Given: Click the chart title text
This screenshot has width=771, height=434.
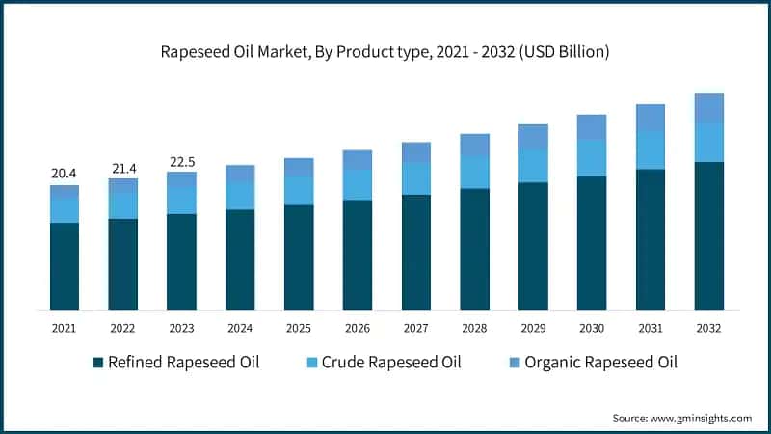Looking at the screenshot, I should tap(385, 52).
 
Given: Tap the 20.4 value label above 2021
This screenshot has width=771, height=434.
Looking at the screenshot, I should tap(64, 174).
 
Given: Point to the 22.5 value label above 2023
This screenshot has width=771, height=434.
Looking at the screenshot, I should tap(181, 161).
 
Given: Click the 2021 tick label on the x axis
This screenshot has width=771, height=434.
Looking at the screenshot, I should tap(64, 328).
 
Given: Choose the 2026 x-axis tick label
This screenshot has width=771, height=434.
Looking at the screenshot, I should tap(357, 328).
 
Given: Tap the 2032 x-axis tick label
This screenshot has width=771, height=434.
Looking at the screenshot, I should tap(708, 328).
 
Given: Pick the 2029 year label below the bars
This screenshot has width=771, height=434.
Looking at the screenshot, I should tap(533, 328).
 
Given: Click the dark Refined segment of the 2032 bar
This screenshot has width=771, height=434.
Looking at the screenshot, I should tap(708, 235).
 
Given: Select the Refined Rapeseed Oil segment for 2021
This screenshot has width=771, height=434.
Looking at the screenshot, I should tap(64, 266).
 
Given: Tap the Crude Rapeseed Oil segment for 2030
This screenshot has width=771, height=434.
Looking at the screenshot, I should tap(592, 158).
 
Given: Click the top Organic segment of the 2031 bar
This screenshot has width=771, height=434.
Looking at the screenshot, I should tap(651, 118).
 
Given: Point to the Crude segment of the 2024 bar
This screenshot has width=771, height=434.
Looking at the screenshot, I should tap(240, 196).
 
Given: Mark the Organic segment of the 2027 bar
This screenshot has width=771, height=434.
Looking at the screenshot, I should tap(415, 152).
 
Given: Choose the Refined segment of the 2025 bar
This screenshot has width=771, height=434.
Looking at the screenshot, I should tap(299, 257).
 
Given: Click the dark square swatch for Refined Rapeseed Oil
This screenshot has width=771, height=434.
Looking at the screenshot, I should tap(97, 364).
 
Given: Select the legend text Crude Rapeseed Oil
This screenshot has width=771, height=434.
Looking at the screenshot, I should tap(392, 364).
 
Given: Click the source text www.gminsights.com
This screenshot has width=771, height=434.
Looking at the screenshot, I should tap(700, 418).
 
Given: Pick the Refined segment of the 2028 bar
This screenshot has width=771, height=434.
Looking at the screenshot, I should tap(474, 249).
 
